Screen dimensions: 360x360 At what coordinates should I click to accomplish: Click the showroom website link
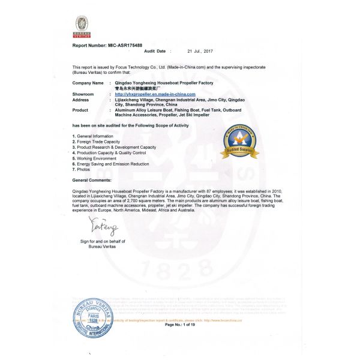155,94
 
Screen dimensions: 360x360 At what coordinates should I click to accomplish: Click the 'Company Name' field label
88,82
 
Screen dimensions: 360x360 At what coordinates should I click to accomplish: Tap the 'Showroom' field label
83,94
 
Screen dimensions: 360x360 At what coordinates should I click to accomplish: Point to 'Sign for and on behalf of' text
100,241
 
